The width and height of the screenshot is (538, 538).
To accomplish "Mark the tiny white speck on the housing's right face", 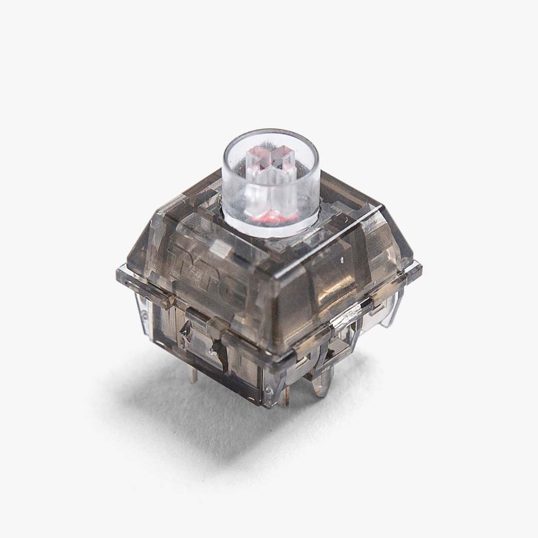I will click(x=342, y=260).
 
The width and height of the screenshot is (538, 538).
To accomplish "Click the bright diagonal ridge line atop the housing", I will click(x=349, y=219).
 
